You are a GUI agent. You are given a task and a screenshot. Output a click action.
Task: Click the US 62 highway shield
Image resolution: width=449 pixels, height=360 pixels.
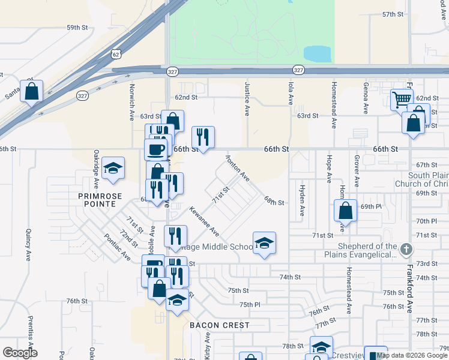tap(115, 54)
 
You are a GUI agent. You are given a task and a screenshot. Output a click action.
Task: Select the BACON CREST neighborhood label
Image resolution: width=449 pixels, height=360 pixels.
tap(219, 325)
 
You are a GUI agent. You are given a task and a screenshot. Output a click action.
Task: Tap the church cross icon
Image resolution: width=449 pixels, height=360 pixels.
tap(406, 249)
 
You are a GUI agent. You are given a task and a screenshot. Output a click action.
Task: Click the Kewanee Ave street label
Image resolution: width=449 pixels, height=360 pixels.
tap(204, 221)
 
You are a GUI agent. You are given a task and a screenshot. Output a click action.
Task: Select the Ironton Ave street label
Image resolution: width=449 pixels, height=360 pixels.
tap(238, 167)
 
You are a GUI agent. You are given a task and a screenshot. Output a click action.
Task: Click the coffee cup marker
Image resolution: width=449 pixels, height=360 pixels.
tap(156, 148)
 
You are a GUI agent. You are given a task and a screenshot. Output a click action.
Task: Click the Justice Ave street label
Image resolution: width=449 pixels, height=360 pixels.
tap(247, 99)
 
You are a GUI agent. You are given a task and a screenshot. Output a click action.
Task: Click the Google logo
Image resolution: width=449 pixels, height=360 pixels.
tap(20, 353)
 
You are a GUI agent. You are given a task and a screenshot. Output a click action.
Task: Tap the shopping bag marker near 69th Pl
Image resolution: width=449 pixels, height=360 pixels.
tap(346, 211)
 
